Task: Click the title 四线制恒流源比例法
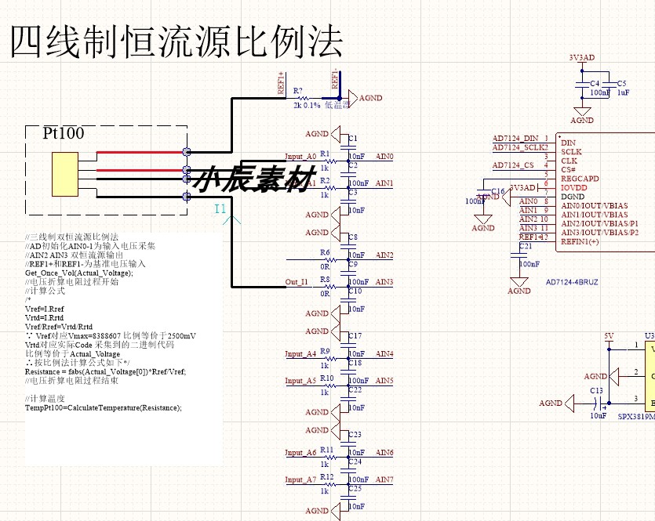(176, 42)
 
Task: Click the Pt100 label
(64, 133)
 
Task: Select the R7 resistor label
(298, 92)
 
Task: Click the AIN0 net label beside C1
(384, 157)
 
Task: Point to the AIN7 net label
(384, 479)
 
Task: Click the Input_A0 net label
(300, 157)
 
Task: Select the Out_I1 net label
(297, 282)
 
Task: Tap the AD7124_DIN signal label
(515, 138)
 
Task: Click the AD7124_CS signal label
(513, 165)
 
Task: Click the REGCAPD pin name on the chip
(580, 179)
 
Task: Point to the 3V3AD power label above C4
(581, 58)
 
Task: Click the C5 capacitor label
(622, 83)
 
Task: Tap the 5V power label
(610, 335)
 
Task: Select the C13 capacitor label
(597, 390)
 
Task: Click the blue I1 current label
(220, 209)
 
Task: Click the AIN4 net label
(384, 354)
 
